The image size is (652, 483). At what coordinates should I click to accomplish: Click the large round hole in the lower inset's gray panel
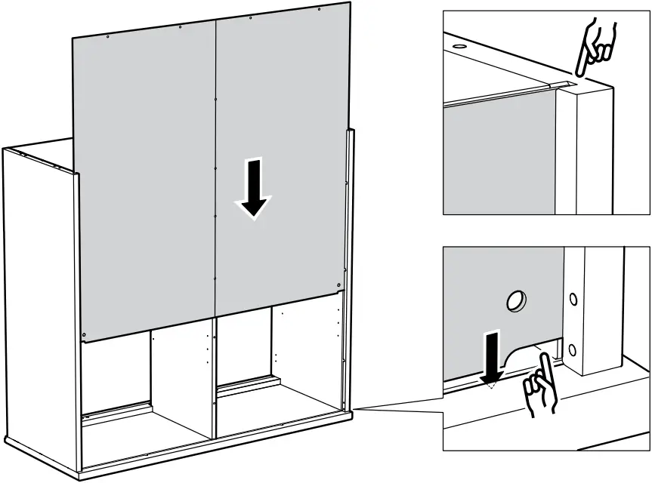click(516, 302)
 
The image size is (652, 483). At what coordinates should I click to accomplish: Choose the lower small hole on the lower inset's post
click(573, 349)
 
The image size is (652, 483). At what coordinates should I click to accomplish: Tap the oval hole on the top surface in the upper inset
click(458, 45)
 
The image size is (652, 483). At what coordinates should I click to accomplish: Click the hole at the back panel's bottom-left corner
click(85, 334)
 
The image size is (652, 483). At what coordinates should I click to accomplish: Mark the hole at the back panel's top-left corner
click(108, 37)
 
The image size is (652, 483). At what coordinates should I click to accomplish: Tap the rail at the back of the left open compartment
click(117, 411)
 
